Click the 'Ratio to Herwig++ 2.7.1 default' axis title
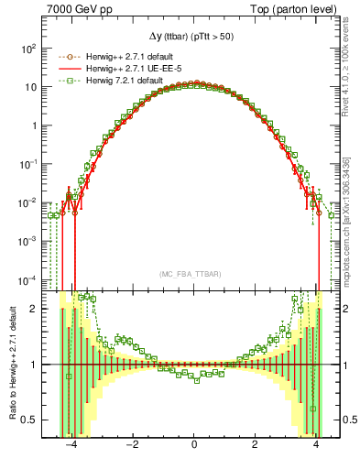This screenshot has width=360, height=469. tap(11, 366)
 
